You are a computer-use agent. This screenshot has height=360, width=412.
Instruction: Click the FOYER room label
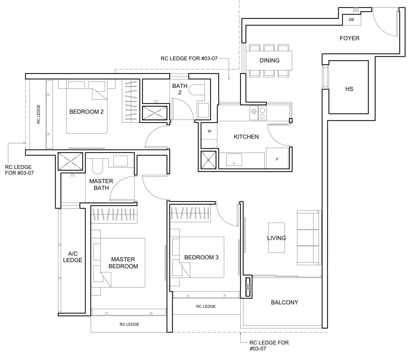350,38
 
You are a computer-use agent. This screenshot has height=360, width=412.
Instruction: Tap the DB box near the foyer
352,20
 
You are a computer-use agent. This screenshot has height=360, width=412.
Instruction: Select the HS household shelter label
349,89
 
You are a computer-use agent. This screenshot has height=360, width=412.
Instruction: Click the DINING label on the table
269,60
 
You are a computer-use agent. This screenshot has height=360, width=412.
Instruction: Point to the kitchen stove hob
258,113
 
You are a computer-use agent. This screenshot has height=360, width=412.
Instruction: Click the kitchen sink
234,160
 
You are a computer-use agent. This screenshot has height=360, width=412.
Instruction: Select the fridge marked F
277,158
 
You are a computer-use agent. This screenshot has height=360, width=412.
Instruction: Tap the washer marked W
209,131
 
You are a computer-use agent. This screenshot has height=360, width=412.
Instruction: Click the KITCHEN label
246,137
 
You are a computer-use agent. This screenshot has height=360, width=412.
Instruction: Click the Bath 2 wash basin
203,110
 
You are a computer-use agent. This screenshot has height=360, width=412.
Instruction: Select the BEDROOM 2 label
86,112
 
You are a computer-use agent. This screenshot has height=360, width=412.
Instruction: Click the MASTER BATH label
101,184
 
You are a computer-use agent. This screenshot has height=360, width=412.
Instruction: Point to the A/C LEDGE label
72,257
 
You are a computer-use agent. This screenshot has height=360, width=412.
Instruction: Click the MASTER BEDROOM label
123,263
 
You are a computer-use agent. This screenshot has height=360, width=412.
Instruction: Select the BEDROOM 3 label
201,257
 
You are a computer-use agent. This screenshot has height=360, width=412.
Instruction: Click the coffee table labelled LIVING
276,238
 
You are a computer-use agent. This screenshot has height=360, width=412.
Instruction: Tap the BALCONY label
284,302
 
